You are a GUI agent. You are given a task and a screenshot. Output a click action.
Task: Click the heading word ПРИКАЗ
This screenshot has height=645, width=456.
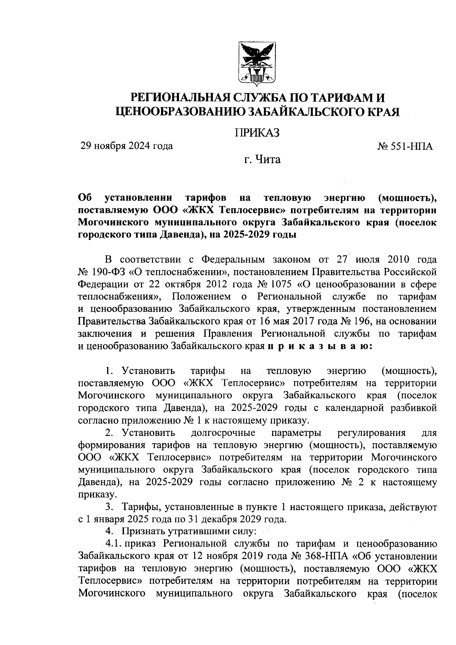[257, 133]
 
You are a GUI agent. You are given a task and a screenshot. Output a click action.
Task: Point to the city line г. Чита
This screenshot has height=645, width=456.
[262, 160]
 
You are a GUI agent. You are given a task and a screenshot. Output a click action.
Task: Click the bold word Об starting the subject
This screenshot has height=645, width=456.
[85, 198]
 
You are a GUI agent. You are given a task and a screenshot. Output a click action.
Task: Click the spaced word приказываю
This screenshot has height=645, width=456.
[320, 346]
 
